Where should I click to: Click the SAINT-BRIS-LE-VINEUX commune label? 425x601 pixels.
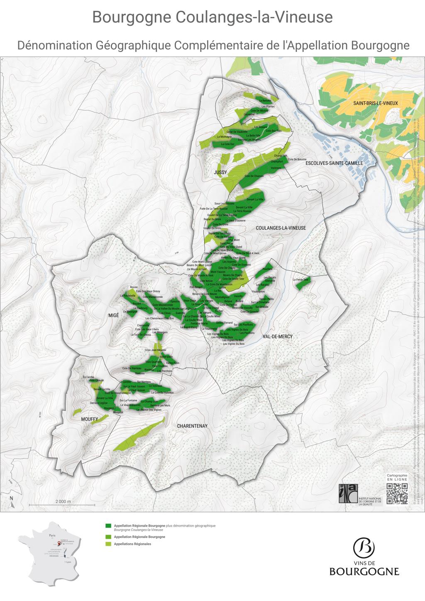click(x=375, y=103)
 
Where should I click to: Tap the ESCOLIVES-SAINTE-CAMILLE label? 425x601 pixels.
click(x=334, y=163)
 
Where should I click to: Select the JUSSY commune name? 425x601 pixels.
click(x=220, y=172)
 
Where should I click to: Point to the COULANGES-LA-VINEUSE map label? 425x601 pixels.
click(x=281, y=228)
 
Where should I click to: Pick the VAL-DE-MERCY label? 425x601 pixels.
click(x=278, y=336)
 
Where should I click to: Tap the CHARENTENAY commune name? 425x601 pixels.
click(x=192, y=426)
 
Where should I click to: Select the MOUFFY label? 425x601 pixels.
click(x=90, y=419)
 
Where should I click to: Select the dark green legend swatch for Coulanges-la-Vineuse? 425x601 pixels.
click(x=109, y=525)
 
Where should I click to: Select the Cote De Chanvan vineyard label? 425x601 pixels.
click(x=254, y=176)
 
